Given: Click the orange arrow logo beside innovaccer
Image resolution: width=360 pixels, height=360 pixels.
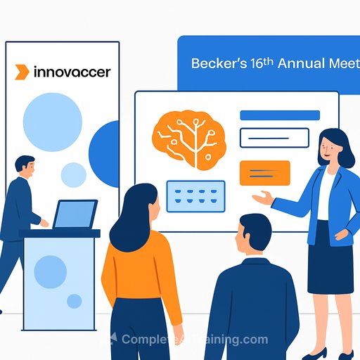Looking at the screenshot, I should [22, 72].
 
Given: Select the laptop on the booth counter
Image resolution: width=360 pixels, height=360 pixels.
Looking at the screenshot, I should [75, 214].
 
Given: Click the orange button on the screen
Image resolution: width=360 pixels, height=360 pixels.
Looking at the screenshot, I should [264, 173].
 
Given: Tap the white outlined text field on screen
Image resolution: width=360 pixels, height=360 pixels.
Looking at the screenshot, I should [264, 138].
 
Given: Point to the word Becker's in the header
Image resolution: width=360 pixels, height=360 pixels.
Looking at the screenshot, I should [215, 63].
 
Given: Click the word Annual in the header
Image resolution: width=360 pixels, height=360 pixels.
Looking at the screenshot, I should [301, 63].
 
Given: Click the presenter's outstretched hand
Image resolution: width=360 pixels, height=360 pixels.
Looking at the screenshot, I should [262, 200].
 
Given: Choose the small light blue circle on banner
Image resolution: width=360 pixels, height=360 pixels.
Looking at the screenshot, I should [73, 174].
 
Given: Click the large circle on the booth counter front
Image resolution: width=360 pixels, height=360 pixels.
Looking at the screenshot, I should [51, 271].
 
